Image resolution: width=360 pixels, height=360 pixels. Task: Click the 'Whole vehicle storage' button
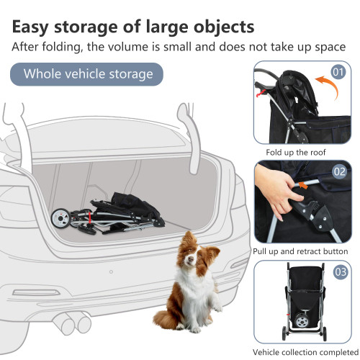pos(88,74)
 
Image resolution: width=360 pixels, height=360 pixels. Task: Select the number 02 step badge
pos(340,173)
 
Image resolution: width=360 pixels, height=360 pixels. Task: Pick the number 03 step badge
pos(340,271)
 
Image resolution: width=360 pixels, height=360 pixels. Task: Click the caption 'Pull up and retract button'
pos(300,251)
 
